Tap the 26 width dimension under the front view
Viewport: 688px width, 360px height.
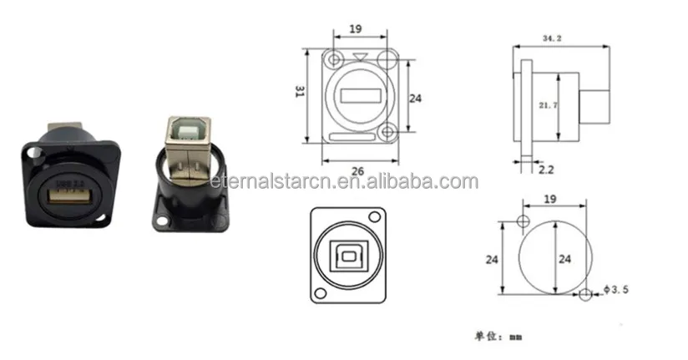click(x=357, y=171)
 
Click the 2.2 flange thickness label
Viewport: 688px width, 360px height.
click(x=545, y=169)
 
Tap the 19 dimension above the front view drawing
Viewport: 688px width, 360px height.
click(x=355, y=29)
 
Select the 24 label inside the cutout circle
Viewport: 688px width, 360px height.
click(x=565, y=259)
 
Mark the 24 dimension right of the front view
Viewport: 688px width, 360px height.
click(x=415, y=98)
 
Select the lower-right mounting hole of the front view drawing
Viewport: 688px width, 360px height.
click(x=387, y=131)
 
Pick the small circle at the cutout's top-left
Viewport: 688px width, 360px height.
click(x=523, y=221)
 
